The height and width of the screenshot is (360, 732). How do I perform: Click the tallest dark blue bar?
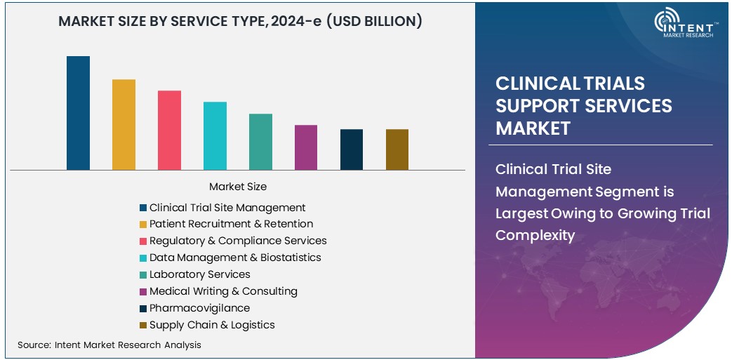click(x=78, y=113)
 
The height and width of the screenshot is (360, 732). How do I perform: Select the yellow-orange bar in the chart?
click(x=124, y=124)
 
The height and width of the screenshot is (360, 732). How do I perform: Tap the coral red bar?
click(x=169, y=130)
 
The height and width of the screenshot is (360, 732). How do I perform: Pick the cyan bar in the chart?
click(x=215, y=135)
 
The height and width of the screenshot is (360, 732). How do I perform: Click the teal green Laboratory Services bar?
click(x=260, y=141)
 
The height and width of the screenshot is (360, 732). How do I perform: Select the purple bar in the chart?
click(x=306, y=147)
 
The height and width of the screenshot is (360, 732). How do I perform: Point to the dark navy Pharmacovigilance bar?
click(x=352, y=149)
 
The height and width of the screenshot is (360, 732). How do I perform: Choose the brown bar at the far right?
click(x=397, y=149)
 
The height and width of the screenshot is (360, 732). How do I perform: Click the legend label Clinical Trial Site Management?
click(x=227, y=208)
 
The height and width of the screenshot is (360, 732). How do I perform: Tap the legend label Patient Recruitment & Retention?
click(x=231, y=224)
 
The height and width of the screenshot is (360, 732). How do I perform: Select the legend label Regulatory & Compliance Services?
click(x=238, y=241)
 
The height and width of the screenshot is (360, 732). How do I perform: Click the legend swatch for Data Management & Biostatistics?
click(x=143, y=258)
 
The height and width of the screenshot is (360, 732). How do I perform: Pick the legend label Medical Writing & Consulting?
click(x=223, y=291)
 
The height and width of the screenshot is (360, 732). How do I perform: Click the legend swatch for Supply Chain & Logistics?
click(x=143, y=326)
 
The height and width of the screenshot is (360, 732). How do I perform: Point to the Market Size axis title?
click(x=238, y=187)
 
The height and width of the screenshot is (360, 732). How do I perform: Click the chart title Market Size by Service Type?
click(x=240, y=22)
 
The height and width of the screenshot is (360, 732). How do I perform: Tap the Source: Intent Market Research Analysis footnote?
click(x=109, y=345)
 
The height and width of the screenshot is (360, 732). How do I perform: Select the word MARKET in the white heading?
click(x=533, y=128)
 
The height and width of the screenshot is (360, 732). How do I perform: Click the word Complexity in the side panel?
click(x=535, y=235)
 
